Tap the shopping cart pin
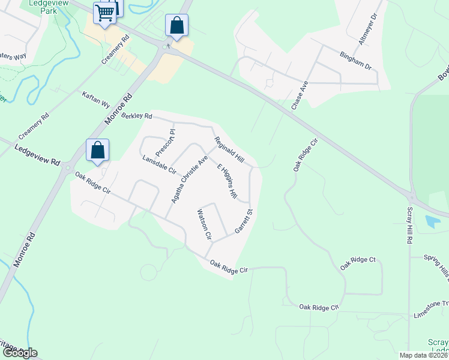click(105, 12)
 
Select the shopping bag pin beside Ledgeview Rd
click(97, 151)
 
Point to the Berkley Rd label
click(137, 115)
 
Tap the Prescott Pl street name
click(164, 141)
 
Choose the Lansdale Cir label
click(158, 165)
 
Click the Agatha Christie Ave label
click(189, 179)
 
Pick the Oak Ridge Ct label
click(358, 263)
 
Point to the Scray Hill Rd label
click(409, 224)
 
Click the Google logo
click(19, 353)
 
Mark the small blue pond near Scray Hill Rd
click(432, 221)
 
